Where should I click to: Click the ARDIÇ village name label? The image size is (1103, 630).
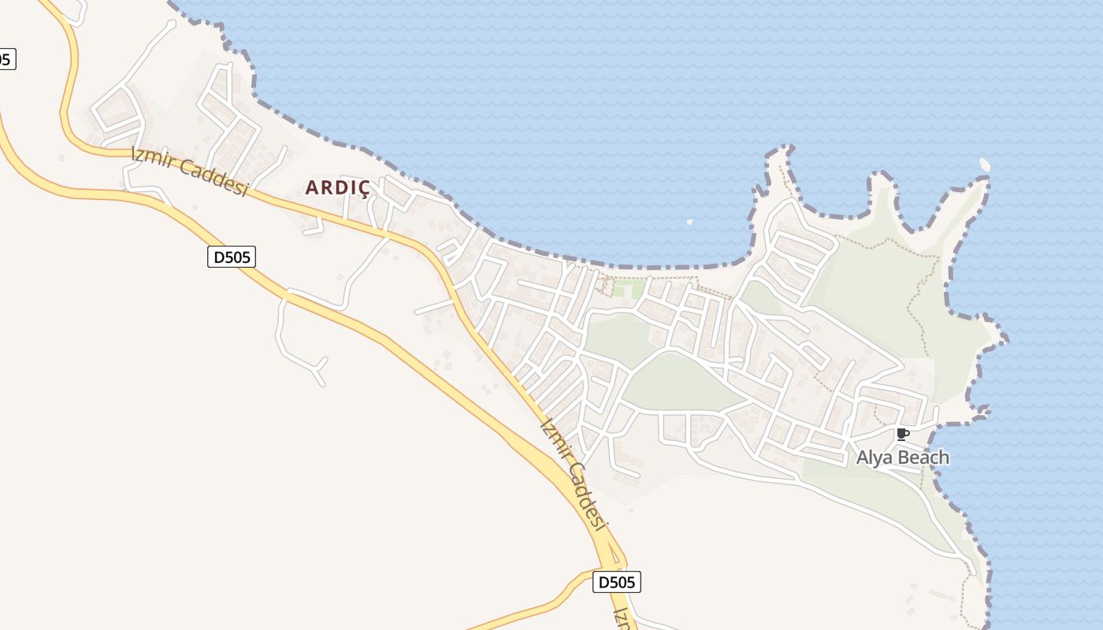tap(337, 187)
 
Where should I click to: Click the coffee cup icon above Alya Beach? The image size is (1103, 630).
tap(903, 434)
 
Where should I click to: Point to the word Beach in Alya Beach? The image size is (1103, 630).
tap(923, 458)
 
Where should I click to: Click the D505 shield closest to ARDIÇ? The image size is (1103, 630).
tap(232, 256)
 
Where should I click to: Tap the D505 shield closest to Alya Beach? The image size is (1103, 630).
tap(616, 582)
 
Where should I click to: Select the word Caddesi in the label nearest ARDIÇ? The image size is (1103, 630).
tap(213, 178)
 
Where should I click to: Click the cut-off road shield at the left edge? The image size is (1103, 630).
tap(6, 59)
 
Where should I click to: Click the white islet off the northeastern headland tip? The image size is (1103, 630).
tap(985, 164)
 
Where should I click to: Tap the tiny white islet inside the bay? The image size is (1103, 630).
tap(690, 222)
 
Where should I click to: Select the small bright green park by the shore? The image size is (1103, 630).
tap(628, 289)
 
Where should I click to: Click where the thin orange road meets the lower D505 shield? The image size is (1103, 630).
tap(593, 574)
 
